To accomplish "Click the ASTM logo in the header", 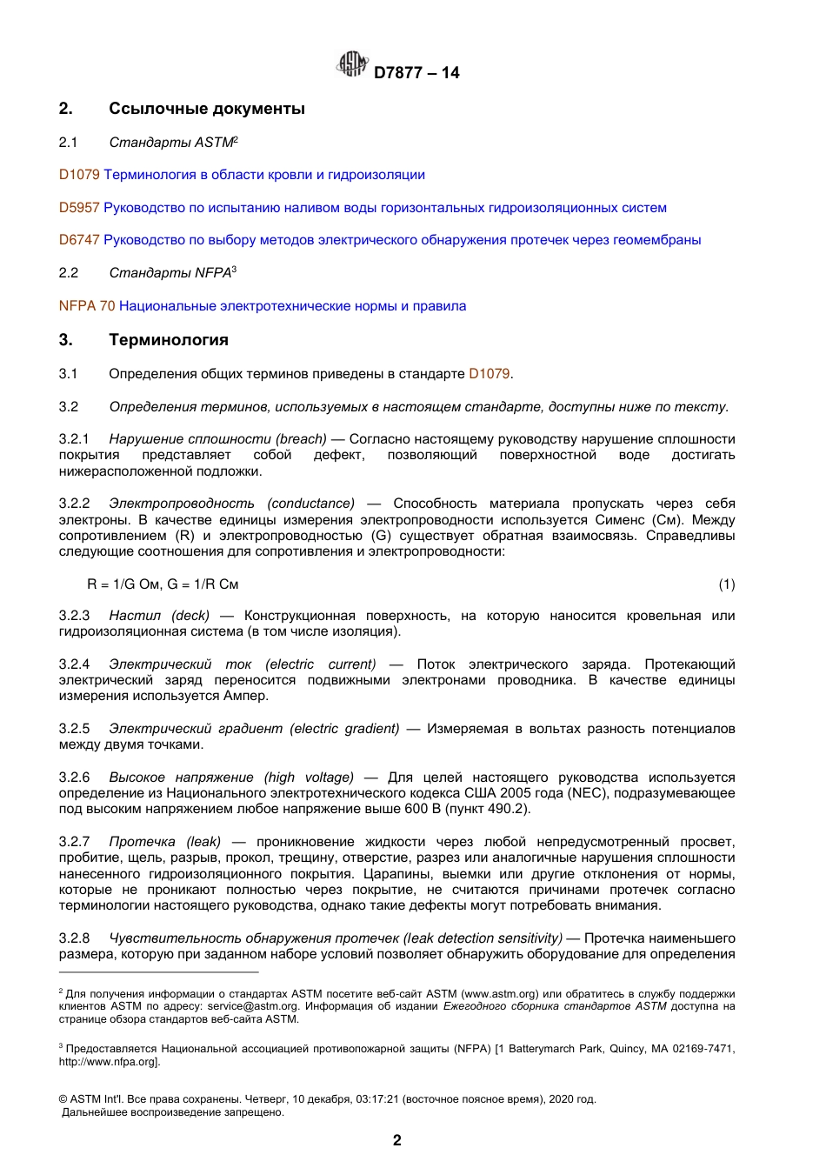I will pos(351,64).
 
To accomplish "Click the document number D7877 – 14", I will pos(416,73).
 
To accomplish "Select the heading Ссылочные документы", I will pos(206,109).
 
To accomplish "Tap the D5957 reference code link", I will pos(79,208).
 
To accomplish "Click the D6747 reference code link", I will pos(79,240).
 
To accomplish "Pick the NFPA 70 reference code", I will pos(87,306).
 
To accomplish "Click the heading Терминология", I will pos(168,340).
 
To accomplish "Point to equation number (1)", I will pos(726,584).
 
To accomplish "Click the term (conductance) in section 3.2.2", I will pos(311,504).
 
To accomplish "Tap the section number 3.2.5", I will pos(74,729).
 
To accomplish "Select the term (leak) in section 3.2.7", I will pos(203,842).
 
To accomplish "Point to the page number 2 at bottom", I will pos(397,1140).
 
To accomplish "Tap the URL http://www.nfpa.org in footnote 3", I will pos(108,1061).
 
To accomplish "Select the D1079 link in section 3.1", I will pos(489,374).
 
